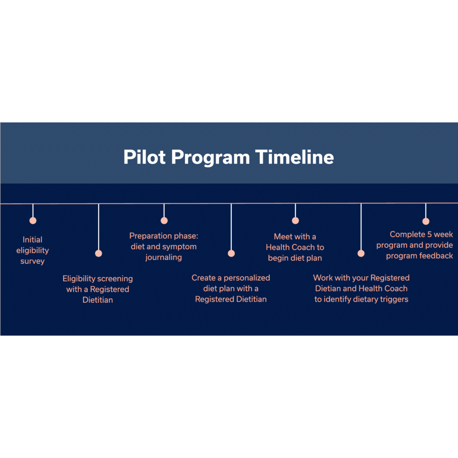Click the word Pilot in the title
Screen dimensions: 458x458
pyautogui.click(x=144, y=157)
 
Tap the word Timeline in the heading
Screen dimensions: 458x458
pyautogui.click(x=294, y=157)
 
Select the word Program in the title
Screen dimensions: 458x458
pyautogui.click(x=211, y=158)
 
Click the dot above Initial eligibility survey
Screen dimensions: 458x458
pyautogui.click(x=33, y=221)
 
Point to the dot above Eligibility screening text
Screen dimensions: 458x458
pyautogui.click(x=99, y=253)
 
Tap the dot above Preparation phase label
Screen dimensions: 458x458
pyautogui.click(x=164, y=221)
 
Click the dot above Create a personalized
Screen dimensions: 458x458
pyautogui.click(x=231, y=253)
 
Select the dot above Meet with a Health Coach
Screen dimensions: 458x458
pyautogui.click(x=295, y=221)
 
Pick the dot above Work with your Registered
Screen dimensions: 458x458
pyautogui.click(x=361, y=253)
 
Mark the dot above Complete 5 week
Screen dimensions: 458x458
pyautogui.click(x=426, y=221)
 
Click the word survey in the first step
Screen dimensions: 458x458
pyautogui.click(x=32, y=261)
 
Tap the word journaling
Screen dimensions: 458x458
pyautogui.click(x=164, y=258)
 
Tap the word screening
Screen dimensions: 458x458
pyautogui.click(x=115, y=279)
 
